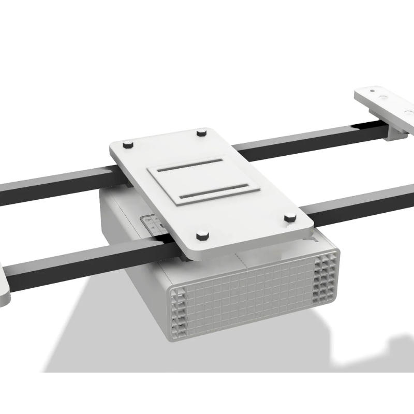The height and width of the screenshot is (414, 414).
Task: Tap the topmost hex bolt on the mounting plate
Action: pos(201,133)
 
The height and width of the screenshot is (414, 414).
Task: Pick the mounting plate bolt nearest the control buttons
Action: pos(202,236)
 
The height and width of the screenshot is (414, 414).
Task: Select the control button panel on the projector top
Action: pos(153,223)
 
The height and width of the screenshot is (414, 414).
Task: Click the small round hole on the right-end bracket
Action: pos(383,97)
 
